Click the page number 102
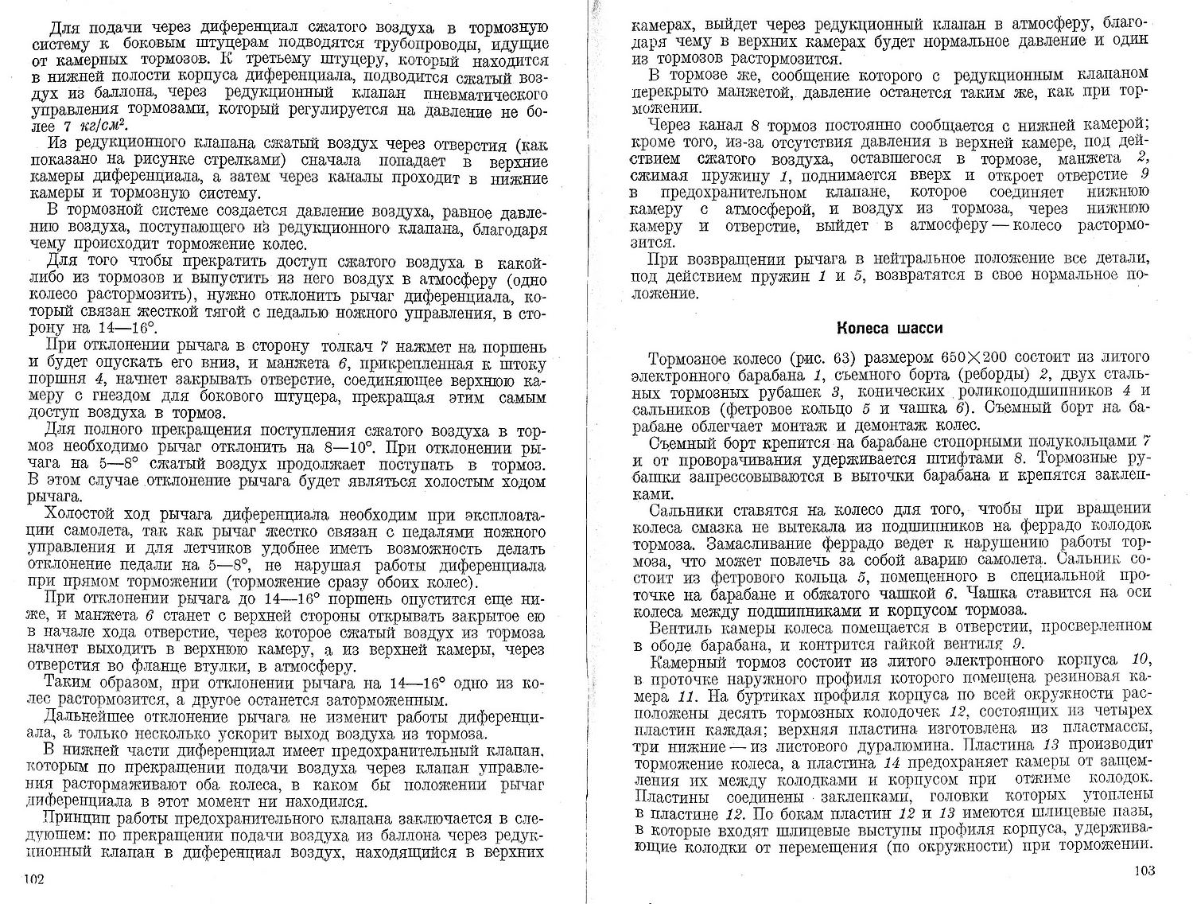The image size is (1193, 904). tap(33, 879)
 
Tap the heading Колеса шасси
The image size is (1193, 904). tap(892, 329)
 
